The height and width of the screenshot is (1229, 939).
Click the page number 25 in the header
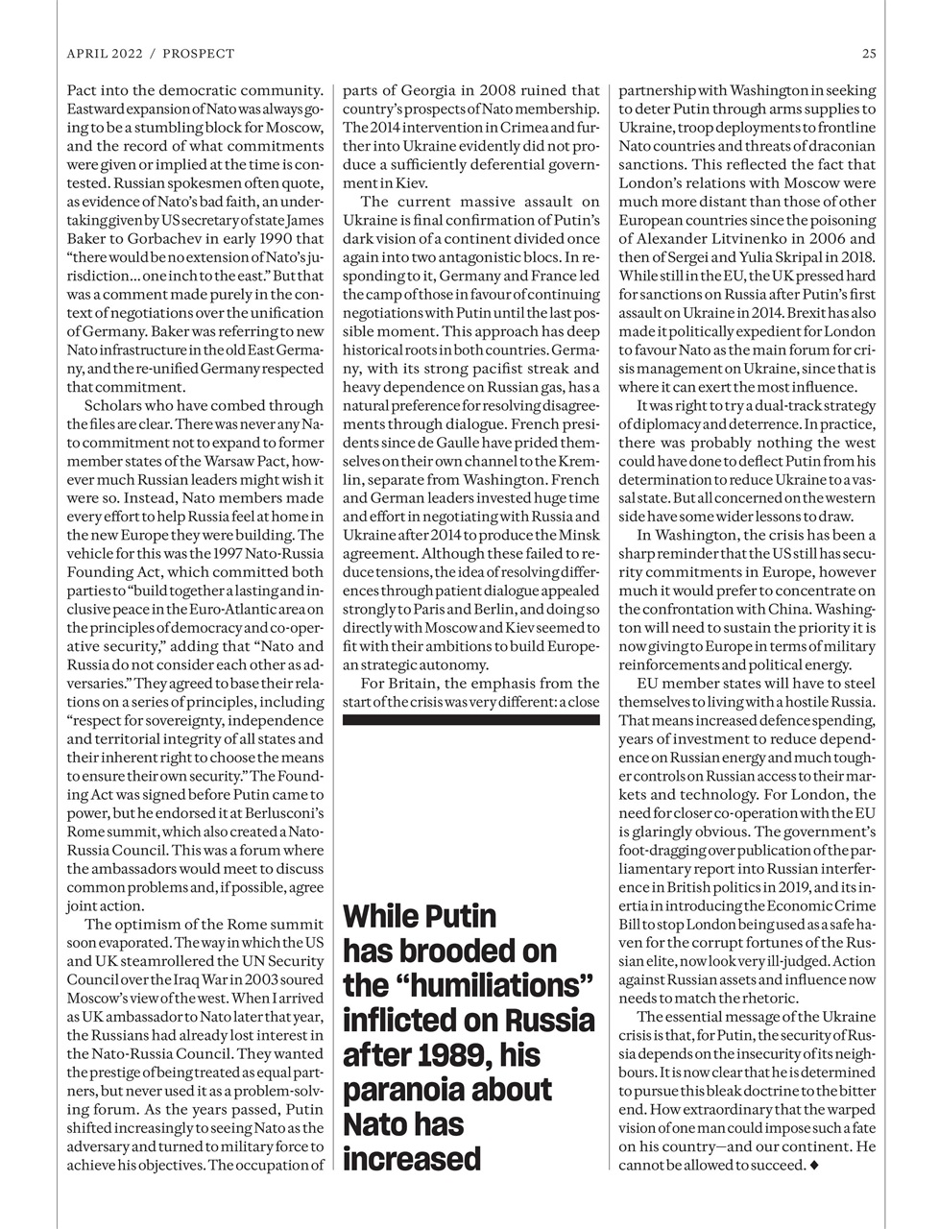[868, 54]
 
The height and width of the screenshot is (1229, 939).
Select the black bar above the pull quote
[470, 717]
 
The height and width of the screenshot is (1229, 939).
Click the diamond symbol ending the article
[814, 1166]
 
